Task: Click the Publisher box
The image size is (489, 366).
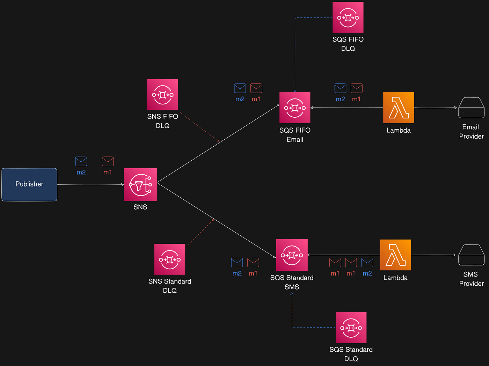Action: [29, 184]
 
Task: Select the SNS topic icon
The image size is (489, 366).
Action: [140, 184]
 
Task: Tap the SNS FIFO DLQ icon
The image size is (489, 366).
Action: [162, 94]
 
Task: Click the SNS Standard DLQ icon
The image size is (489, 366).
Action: [170, 259]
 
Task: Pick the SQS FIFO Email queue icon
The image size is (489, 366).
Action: [295, 108]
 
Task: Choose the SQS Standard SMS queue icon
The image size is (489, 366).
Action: [292, 255]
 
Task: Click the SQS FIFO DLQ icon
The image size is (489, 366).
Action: [348, 17]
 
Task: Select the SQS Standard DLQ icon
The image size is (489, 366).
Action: [351, 328]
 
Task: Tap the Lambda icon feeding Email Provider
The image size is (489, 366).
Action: [399, 108]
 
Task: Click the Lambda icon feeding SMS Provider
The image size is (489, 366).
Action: [395, 255]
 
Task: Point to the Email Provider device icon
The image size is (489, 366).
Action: [471, 108]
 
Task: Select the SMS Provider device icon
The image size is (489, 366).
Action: [471, 255]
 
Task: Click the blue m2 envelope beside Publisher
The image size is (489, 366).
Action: [81, 161]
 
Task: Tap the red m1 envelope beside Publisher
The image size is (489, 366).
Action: [108, 161]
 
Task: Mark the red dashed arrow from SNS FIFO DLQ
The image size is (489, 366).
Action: [200, 127]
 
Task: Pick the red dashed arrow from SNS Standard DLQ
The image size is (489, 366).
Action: [201, 232]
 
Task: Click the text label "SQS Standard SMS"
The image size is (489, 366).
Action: [292, 282]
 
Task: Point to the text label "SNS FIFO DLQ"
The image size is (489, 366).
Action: [162, 121]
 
